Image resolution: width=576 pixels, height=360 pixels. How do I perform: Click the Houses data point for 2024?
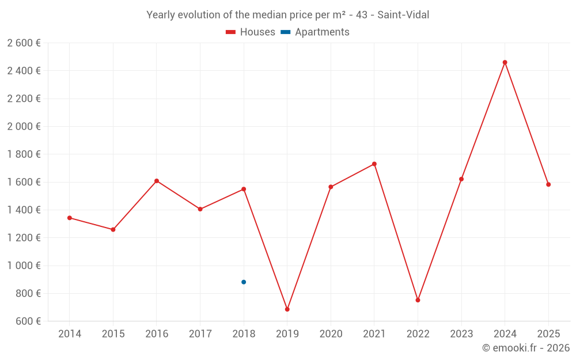point(505,62)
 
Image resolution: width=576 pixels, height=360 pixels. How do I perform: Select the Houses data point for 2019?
point(287,309)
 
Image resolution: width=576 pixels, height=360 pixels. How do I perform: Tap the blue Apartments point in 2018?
point(244,282)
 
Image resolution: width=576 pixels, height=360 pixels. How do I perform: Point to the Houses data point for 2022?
point(418,300)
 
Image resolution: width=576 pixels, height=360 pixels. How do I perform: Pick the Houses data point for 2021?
point(374,164)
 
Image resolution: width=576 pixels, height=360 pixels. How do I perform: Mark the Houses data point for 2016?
point(157,181)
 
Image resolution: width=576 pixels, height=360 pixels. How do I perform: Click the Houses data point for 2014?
point(70,218)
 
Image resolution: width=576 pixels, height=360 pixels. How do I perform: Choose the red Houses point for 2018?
point(244,189)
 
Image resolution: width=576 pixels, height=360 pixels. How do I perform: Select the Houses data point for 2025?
point(548,184)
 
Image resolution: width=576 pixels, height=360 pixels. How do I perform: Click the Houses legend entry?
point(251,32)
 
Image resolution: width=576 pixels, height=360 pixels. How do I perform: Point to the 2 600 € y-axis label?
point(24,43)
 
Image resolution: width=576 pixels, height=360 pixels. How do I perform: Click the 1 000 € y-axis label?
point(24,266)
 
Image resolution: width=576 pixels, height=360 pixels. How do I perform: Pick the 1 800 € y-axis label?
point(24,154)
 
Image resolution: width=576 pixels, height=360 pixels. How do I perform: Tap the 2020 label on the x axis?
point(331,334)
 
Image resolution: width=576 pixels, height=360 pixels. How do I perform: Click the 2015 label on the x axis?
point(113,334)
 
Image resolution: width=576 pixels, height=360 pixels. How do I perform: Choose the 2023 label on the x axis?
point(461,334)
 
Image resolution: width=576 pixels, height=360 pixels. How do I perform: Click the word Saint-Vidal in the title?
point(403,15)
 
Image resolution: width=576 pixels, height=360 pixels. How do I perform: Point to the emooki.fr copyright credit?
point(525,348)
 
